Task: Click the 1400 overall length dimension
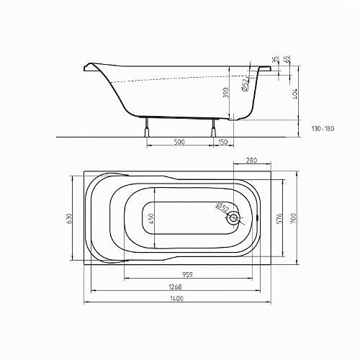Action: point(176,298)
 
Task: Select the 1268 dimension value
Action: point(175,287)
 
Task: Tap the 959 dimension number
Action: point(187,274)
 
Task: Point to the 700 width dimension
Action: point(294,218)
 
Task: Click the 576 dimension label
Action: point(279,218)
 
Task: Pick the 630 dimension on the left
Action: point(68,218)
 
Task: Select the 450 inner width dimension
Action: point(151,219)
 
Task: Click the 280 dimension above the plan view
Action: point(251,160)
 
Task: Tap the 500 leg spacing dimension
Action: point(179,142)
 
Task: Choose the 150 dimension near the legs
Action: point(223,142)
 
